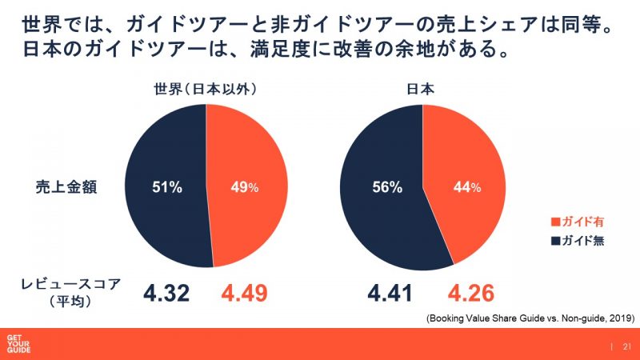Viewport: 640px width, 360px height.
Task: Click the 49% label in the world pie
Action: tap(245, 188)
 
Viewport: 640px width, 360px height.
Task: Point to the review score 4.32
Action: tap(166, 293)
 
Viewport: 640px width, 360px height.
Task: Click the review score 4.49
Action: tap(243, 293)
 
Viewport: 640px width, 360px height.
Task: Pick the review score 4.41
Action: tap(385, 293)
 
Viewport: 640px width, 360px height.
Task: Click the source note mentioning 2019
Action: tap(531, 318)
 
